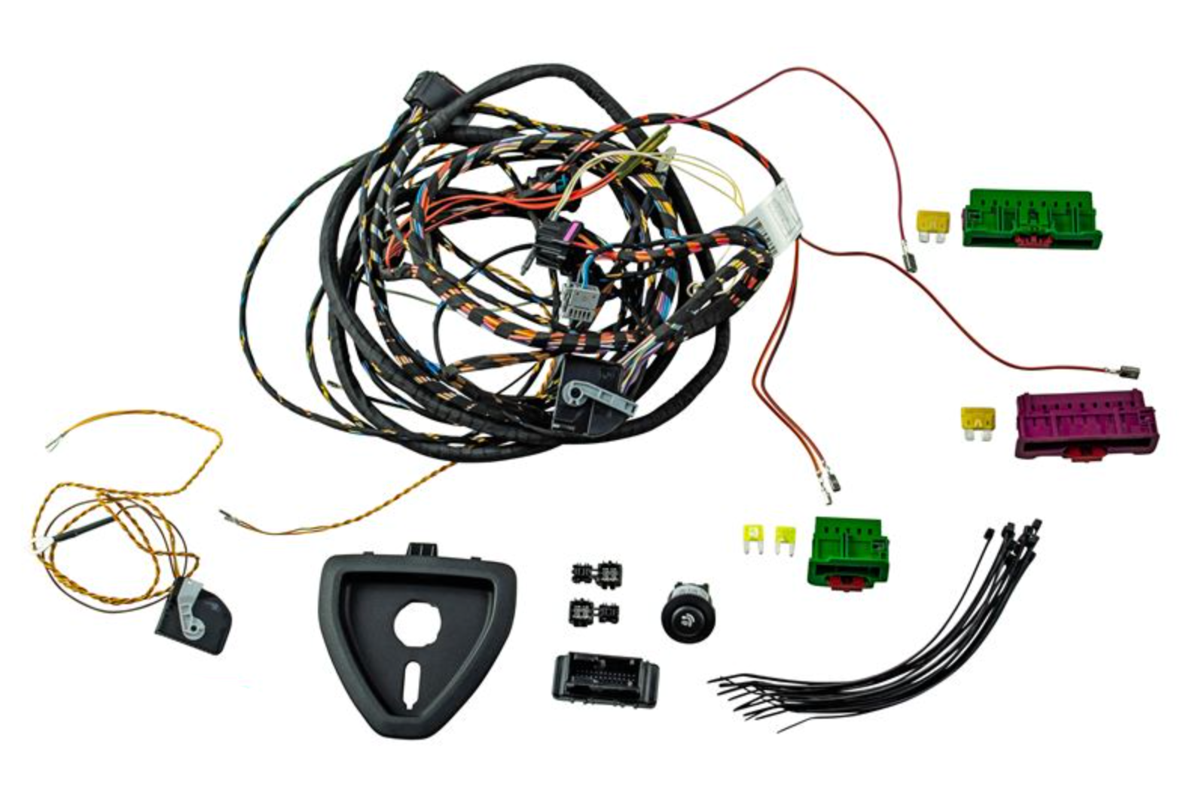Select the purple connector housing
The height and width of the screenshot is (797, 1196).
[1085, 424]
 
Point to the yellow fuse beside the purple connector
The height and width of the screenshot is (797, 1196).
[977, 422]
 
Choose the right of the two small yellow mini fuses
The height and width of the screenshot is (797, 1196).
[785, 538]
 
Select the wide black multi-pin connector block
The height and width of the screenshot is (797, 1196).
[604, 678]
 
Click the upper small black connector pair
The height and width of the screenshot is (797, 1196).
[594, 575]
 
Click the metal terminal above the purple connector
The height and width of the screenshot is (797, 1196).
[1128, 371]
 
